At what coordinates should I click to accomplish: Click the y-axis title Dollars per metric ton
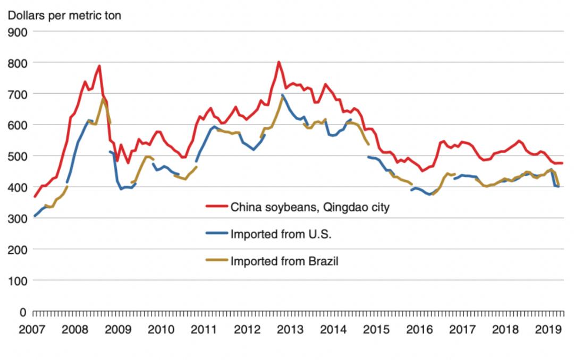tap(64, 15)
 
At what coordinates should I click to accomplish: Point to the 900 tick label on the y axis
tap(18, 31)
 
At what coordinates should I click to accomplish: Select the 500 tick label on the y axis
tap(18, 156)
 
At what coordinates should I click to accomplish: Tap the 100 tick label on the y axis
tap(18, 280)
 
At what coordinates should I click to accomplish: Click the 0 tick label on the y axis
tap(23, 311)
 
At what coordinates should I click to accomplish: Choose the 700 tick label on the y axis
tap(18, 94)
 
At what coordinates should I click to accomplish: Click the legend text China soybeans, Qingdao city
tap(309, 207)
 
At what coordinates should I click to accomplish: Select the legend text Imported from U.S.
tap(281, 233)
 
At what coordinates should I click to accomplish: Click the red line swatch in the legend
tap(216, 207)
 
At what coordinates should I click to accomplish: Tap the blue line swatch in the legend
tap(216, 233)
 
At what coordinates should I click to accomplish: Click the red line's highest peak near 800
tap(278, 62)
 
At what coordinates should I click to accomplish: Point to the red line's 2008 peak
tap(99, 66)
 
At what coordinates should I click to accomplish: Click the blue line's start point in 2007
tap(35, 216)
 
